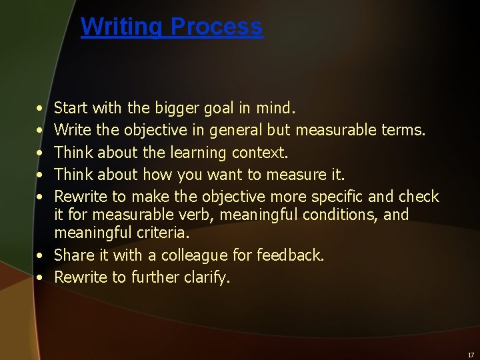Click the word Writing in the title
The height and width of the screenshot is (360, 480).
click(x=123, y=27)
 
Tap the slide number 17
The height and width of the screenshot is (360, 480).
click(x=471, y=355)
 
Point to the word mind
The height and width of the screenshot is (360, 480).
click(x=275, y=107)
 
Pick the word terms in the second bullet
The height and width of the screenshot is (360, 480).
click(x=404, y=129)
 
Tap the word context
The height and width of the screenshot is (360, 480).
click(x=261, y=153)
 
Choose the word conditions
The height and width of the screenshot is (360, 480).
click(x=347, y=215)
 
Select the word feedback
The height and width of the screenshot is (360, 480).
click(x=292, y=255)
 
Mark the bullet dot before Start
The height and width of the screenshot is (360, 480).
click(x=41, y=108)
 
